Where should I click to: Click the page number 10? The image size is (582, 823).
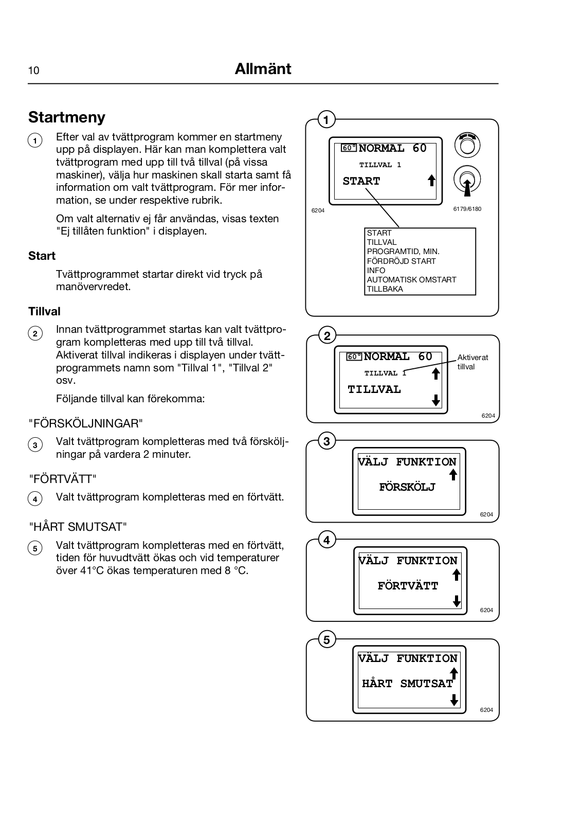pyautogui.click(x=33, y=70)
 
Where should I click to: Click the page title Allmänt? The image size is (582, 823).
pyautogui.click(x=263, y=69)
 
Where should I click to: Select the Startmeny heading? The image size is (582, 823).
pyautogui.click(x=67, y=117)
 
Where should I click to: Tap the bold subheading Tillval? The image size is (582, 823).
pyautogui.click(x=44, y=311)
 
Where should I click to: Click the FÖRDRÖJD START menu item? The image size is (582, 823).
pyautogui.click(x=401, y=261)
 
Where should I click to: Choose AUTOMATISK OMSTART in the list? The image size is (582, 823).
pyautogui.click(x=411, y=280)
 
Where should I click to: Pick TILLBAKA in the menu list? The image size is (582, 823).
pyautogui.click(x=385, y=289)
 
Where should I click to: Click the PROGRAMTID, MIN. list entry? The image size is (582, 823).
pyautogui.click(x=403, y=252)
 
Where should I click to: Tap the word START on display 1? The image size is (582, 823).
pyautogui.click(x=361, y=181)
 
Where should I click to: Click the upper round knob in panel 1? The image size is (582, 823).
pyautogui.click(x=467, y=146)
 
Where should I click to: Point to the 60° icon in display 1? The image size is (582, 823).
pyautogui.click(x=349, y=148)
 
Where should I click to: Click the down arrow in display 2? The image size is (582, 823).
pyautogui.click(x=436, y=400)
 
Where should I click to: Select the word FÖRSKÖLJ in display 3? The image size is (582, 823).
pyautogui.click(x=407, y=487)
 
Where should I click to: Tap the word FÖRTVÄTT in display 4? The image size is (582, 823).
pyautogui.click(x=408, y=586)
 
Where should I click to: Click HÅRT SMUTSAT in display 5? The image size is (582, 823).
pyautogui.click(x=407, y=684)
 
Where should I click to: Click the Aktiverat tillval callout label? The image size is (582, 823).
pyautogui.click(x=472, y=362)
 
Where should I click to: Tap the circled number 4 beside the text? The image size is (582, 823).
pyautogui.click(x=35, y=498)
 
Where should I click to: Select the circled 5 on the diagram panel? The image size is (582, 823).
pyautogui.click(x=326, y=640)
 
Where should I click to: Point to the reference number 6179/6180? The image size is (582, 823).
pyautogui.click(x=467, y=209)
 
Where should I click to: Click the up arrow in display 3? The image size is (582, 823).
pyautogui.click(x=453, y=475)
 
